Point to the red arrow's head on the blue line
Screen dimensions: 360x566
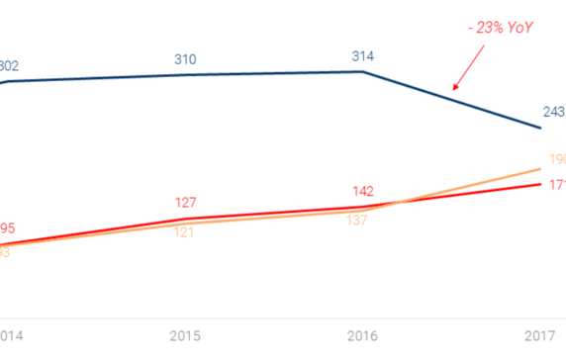[454, 90]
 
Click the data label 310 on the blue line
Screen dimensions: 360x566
[185, 60]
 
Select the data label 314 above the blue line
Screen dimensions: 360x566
[363, 56]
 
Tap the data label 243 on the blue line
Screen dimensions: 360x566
[552, 111]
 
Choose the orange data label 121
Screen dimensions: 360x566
[185, 232]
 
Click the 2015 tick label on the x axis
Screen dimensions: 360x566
[185, 335]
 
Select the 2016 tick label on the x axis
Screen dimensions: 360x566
[363, 335]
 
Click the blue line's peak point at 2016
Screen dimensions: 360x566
[363, 71]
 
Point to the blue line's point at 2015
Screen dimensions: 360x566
[185, 75]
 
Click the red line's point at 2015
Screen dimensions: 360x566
[185, 220]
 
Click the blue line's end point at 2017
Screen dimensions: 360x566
[541, 129]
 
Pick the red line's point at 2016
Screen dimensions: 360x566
[363, 208]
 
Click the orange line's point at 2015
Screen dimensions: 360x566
[185, 225]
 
